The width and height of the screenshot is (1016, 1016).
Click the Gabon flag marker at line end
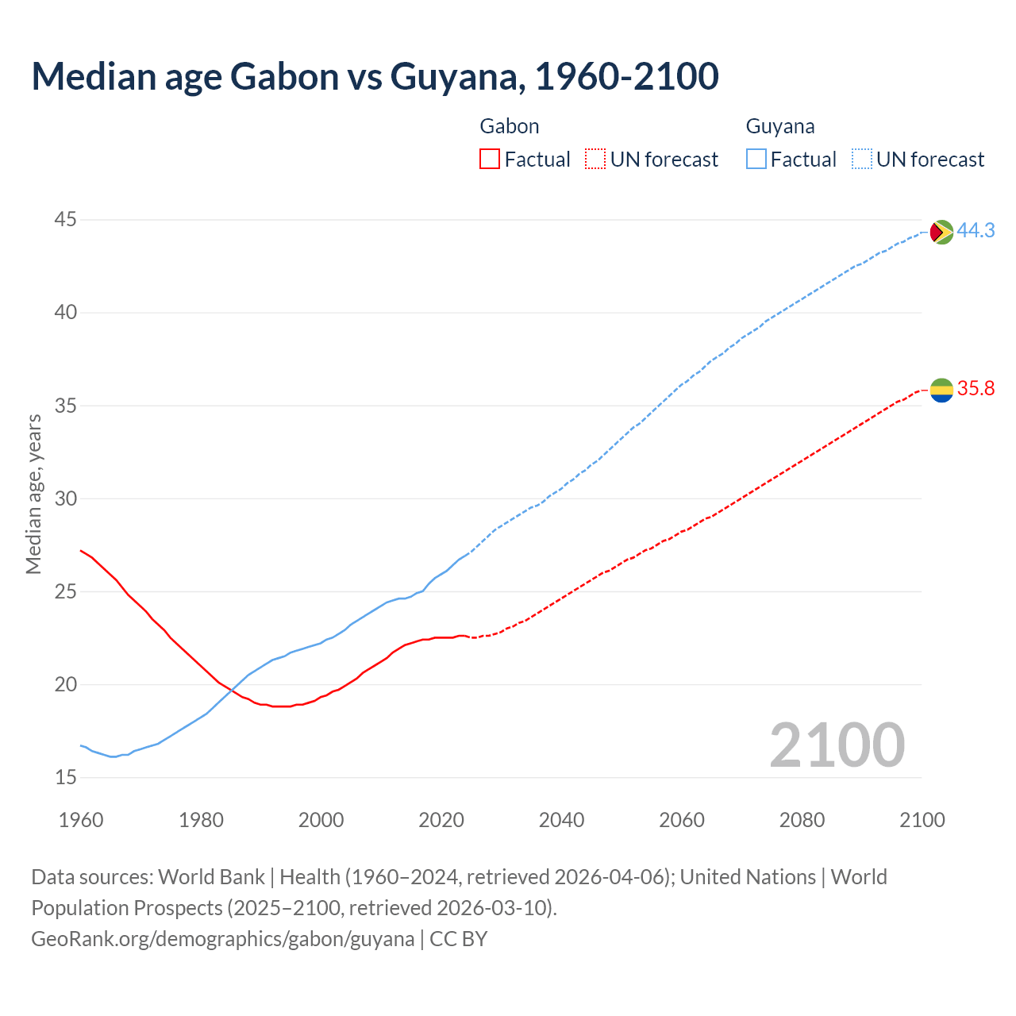point(941,390)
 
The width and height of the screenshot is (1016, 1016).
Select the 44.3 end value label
point(976,230)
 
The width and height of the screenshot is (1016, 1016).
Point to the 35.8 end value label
point(976,388)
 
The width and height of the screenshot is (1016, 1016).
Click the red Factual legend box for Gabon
point(490,160)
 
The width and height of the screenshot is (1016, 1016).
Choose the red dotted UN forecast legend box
point(595,160)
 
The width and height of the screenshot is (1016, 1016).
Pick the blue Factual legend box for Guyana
point(756,160)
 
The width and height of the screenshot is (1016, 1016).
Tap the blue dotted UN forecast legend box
point(862,160)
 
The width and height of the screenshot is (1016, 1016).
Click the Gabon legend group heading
point(510,126)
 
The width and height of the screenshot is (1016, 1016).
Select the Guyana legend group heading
point(780,126)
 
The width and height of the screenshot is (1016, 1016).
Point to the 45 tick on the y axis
point(66,219)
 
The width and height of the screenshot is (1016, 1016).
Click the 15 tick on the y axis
point(66,777)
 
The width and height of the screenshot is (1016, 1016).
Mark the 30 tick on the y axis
point(66,498)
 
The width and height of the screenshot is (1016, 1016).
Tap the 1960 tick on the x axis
point(81,820)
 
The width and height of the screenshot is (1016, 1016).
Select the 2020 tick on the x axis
point(441,820)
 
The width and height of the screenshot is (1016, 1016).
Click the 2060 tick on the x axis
point(682,820)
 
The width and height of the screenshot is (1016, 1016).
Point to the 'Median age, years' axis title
point(33,494)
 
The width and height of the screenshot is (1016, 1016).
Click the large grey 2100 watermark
point(837,745)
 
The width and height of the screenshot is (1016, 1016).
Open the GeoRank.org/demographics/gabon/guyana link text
point(222,939)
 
